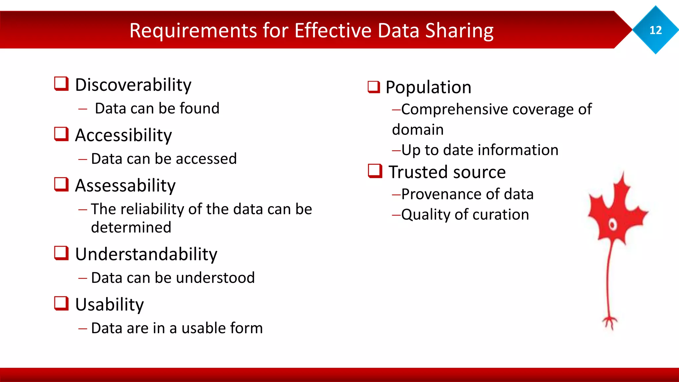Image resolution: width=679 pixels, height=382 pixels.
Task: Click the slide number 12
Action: click(x=655, y=30)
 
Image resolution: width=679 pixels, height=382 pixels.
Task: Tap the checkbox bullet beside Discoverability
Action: click(x=61, y=84)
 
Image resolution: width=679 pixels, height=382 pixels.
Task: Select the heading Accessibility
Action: click(x=123, y=135)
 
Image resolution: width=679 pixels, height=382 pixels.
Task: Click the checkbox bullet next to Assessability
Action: click(x=61, y=184)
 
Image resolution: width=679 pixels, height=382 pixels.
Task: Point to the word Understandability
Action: click(x=146, y=254)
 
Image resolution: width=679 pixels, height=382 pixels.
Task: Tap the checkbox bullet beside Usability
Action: click(x=61, y=303)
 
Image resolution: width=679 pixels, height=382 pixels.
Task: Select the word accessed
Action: click(x=206, y=159)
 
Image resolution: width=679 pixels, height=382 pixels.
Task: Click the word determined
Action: click(x=131, y=227)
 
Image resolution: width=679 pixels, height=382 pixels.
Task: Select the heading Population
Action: click(x=428, y=88)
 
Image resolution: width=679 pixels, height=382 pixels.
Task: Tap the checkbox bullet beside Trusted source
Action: click(x=375, y=171)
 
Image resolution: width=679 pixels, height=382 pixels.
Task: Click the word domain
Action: click(x=418, y=130)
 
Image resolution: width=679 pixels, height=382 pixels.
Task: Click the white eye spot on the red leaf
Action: click(x=613, y=225)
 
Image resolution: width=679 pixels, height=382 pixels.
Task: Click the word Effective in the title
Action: click(x=333, y=31)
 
